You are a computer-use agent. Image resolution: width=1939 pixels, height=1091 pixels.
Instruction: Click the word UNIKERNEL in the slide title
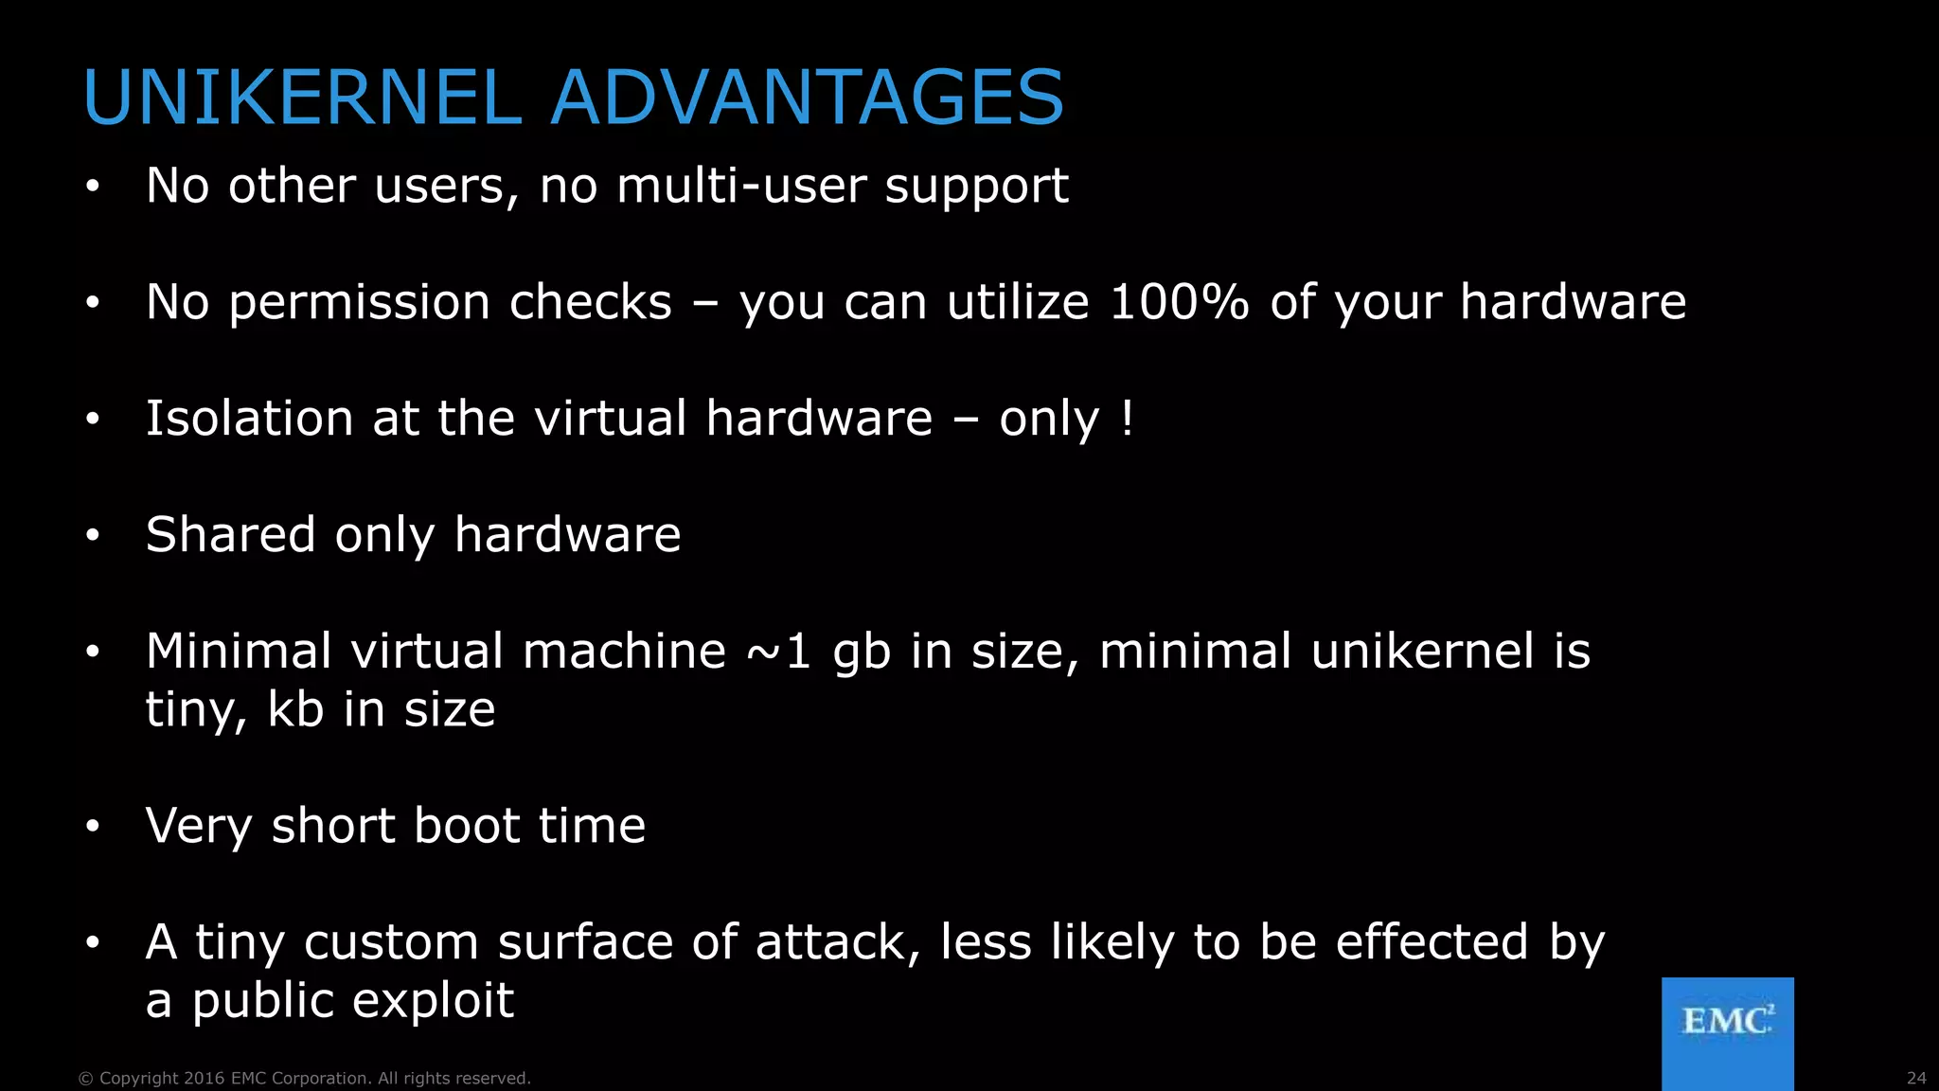coord(302,98)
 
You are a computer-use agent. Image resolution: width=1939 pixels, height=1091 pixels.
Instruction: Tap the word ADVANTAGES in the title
coord(807,98)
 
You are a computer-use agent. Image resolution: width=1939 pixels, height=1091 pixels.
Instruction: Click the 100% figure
coord(1179,302)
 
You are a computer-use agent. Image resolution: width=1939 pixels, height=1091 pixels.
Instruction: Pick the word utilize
coord(1018,302)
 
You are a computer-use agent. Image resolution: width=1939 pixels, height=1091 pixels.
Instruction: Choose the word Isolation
coord(249,418)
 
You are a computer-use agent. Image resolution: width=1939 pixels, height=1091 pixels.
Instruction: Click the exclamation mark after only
coord(1126,418)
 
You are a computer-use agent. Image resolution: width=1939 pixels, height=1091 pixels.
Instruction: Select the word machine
coord(624,652)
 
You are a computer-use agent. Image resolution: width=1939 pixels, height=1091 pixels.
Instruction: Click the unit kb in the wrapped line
coord(295,709)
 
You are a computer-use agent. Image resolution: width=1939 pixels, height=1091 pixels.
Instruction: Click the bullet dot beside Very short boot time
coord(92,827)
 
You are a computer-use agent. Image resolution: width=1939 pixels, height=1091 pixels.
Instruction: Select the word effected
coord(1432,942)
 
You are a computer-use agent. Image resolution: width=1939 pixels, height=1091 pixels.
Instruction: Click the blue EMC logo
coord(1727,1032)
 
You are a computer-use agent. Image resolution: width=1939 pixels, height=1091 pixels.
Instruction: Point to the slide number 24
coord(1915,1079)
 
